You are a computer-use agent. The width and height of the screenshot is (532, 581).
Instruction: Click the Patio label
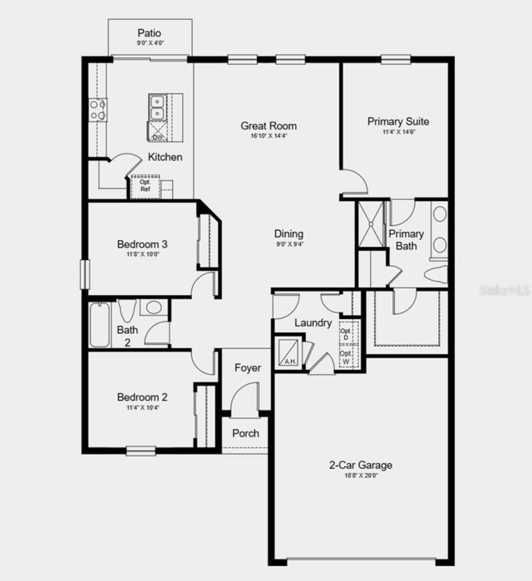tap(149, 33)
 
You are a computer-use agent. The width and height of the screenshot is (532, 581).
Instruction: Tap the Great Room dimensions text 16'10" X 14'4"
tap(269, 136)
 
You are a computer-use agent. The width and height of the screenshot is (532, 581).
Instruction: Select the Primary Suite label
tap(398, 121)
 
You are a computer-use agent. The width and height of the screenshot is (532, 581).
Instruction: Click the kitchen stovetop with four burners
tap(98, 110)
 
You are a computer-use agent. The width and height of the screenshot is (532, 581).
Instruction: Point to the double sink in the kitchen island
tap(157, 107)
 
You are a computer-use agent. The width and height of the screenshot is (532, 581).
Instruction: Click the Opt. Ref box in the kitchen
tap(145, 186)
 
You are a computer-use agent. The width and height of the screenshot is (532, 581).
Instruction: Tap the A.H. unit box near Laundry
tap(288, 352)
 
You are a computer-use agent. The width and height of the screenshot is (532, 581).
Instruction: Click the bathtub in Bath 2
tap(100, 324)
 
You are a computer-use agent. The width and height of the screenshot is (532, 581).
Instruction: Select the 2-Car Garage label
tap(360, 465)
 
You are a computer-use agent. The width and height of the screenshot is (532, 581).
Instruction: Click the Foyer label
tap(248, 368)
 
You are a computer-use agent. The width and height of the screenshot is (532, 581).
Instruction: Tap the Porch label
tap(246, 433)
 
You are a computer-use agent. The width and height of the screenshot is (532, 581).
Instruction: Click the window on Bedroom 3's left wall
tap(85, 274)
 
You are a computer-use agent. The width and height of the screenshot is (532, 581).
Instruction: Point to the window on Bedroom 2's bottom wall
tap(141, 451)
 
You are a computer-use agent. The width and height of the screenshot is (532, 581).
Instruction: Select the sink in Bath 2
tap(154, 308)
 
